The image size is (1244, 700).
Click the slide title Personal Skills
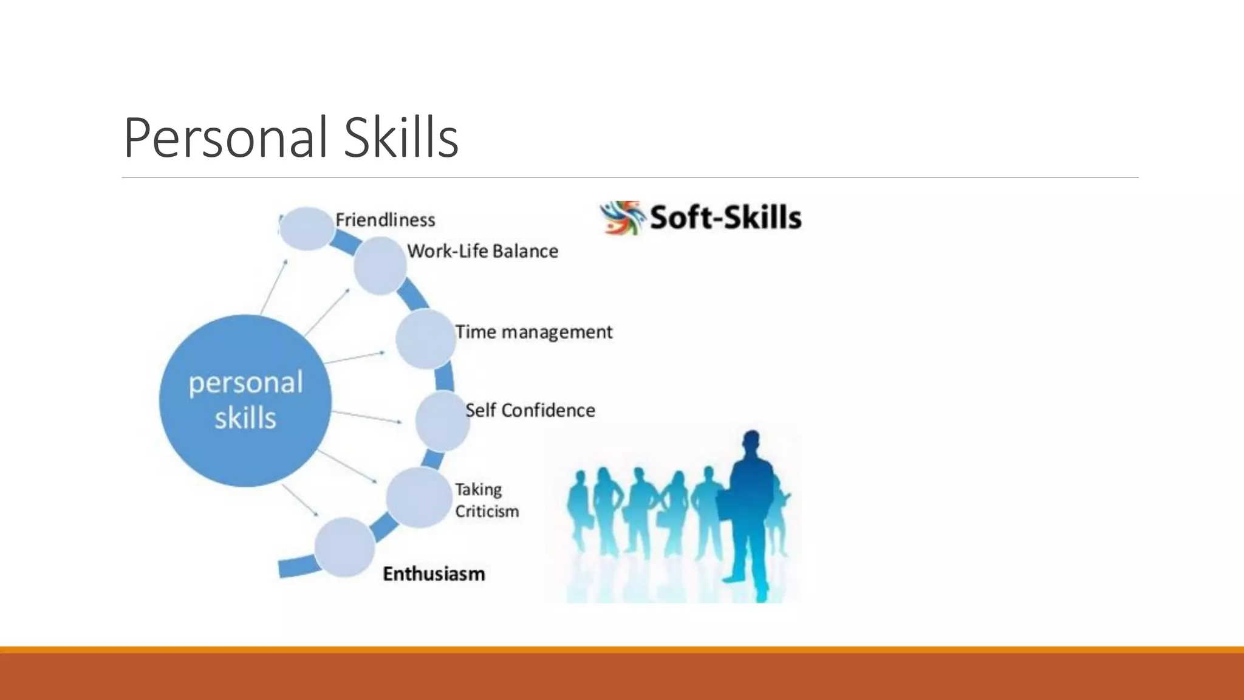290,138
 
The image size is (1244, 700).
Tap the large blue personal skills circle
245,400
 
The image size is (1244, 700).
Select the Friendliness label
385,220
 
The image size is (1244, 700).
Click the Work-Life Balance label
482,251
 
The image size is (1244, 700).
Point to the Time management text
533,332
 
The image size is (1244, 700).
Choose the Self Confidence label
530,411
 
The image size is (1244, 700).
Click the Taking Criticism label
487,501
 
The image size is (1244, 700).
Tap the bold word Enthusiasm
434,574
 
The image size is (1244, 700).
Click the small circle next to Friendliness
307,228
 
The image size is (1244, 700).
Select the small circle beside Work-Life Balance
380,266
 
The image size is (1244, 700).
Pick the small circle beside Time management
425,339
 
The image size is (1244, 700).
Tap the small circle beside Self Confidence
442,421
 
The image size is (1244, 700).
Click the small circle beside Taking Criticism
418,497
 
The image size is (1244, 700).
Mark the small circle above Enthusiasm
344,547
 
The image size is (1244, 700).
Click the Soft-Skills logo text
725,218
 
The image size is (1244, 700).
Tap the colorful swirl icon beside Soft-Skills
621,218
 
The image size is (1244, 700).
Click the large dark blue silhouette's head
752,442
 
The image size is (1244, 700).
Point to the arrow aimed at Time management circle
355,357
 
